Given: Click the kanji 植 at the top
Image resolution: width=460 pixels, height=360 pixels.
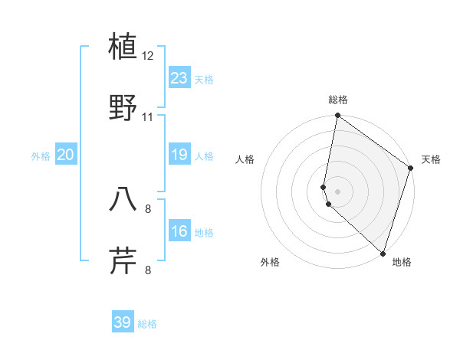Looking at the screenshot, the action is click(x=123, y=47).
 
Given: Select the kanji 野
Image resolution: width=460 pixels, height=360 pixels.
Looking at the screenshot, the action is click(x=123, y=108).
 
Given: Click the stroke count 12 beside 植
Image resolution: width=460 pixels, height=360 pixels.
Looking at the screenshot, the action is click(x=148, y=56).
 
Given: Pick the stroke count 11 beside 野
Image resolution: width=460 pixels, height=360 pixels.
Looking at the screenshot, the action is click(x=148, y=117).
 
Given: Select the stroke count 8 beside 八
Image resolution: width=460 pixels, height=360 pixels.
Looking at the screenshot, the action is click(x=148, y=208).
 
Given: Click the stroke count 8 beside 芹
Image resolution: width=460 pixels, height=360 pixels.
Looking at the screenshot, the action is click(x=148, y=270).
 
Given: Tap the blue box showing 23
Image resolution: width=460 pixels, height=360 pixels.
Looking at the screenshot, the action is click(x=179, y=78).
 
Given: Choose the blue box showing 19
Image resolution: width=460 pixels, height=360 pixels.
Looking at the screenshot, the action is click(x=179, y=155).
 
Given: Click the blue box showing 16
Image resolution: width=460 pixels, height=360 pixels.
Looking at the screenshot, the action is click(x=179, y=231).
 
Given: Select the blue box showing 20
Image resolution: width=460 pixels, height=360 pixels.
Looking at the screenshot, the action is click(x=66, y=155).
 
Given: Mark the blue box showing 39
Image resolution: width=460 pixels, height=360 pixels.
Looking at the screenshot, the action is click(x=123, y=322).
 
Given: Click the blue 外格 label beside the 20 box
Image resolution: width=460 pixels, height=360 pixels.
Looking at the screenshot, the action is click(x=41, y=156).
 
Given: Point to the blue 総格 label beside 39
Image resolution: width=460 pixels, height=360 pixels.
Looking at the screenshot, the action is click(x=147, y=324).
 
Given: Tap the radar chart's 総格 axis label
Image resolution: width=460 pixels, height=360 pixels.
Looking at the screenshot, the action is click(x=338, y=100).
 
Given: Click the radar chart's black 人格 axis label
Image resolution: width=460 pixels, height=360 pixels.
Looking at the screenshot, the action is click(x=245, y=159).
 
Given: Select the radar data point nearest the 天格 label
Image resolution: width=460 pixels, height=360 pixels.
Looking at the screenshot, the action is click(x=411, y=169).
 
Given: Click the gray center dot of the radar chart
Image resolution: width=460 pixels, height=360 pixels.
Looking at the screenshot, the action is click(x=338, y=191).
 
